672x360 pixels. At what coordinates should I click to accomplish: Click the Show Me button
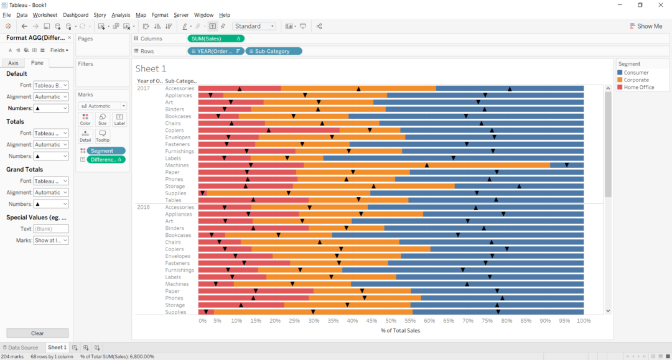coord(645,26)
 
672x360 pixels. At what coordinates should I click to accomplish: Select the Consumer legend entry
coord(636,73)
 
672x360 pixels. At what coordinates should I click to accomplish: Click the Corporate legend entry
coord(636,80)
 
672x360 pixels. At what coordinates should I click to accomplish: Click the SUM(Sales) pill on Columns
coord(215,39)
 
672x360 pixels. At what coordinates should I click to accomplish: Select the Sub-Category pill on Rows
coord(273,51)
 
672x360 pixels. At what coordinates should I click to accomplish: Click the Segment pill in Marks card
coord(105,150)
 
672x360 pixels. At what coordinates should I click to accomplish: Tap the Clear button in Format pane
coord(37,333)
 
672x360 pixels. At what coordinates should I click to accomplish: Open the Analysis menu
coord(121,15)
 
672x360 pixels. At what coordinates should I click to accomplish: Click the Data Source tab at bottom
coord(22,348)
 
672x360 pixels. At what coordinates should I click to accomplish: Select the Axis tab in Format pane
coord(13,63)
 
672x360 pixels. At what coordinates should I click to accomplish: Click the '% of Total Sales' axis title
coord(400,330)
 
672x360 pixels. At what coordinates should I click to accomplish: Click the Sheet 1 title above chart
coord(151,68)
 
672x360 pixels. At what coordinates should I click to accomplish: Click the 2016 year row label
coord(143,207)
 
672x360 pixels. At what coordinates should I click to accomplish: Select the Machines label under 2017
coord(177,165)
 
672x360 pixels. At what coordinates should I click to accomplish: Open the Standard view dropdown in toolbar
coord(254,26)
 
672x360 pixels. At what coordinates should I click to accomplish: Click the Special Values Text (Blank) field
coord(50,228)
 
